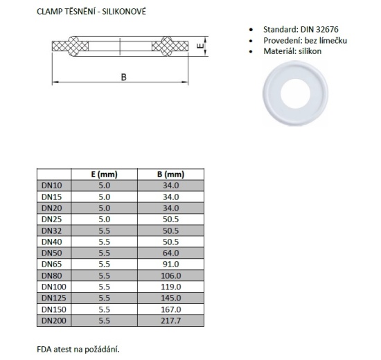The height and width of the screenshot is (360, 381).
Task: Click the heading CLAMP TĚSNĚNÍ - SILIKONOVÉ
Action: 91,13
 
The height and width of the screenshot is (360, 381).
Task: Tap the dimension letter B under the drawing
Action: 123,77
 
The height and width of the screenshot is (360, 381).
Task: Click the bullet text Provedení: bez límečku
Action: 305,41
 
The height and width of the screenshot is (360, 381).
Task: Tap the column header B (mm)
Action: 170,174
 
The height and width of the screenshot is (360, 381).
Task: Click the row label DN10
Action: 53,186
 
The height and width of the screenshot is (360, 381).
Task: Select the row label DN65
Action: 53,264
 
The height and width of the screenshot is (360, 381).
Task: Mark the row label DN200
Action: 54,320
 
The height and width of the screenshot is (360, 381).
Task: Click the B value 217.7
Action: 170,320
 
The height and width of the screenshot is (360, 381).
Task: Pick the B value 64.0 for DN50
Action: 170,253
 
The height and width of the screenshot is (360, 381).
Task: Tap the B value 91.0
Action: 170,264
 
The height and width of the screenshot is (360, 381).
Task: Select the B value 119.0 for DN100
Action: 170,286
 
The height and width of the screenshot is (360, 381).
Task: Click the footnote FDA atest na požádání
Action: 83,350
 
